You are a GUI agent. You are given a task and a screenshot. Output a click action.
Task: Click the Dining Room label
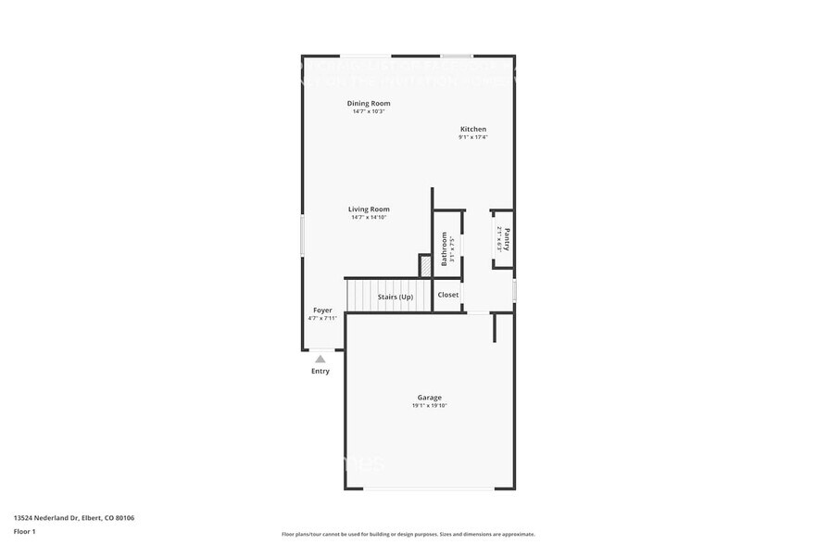[x=369, y=103]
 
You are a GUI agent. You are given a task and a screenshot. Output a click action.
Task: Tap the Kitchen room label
[x=473, y=129]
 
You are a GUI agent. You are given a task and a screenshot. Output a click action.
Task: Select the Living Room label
[x=369, y=209]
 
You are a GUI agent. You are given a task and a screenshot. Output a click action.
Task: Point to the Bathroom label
[x=444, y=248]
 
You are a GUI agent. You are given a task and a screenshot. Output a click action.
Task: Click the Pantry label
[x=506, y=239]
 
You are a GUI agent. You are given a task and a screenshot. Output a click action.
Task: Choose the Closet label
[x=448, y=295]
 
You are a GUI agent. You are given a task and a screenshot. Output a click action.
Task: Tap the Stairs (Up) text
[x=395, y=297]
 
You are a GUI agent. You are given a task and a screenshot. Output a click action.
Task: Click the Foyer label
[x=322, y=311]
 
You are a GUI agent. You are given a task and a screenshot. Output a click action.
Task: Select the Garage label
[x=429, y=398]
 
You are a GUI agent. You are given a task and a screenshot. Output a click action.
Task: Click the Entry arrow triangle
[x=321, y=359]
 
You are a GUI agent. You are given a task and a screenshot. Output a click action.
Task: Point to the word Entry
[x=321, y=372]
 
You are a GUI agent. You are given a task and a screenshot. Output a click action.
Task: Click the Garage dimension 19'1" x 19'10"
[x=429, y=406]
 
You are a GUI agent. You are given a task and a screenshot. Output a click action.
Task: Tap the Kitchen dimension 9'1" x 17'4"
[x=473, y=137]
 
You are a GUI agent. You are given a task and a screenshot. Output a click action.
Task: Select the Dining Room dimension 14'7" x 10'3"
[x=369, y=111]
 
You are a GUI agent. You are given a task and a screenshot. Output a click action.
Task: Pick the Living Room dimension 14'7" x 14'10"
[x=369, y=218]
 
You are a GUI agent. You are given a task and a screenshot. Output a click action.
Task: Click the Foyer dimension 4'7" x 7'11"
[x=322, y=319]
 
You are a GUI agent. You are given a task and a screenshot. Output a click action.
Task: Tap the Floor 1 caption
[x=24, y=531]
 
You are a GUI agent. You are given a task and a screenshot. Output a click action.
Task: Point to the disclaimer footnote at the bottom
[x=408, y=534]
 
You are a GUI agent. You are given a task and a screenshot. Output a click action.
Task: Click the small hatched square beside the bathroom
[x=425, y=266]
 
